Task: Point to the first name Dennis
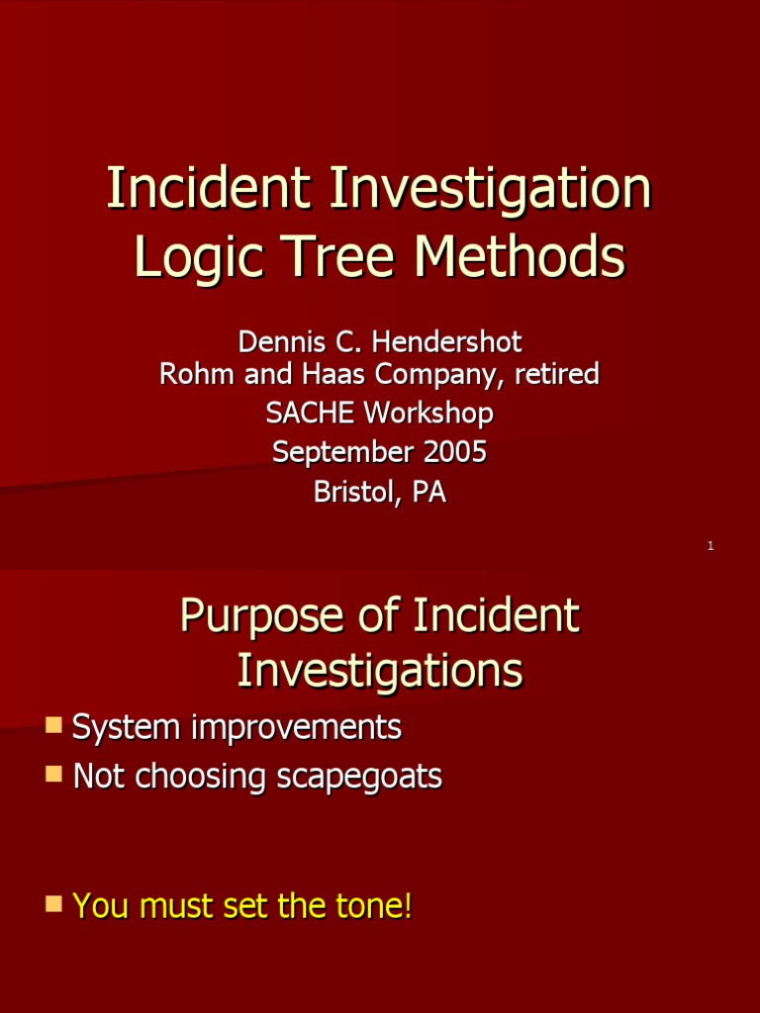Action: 280,342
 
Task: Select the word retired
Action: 557,374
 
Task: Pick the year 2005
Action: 455,452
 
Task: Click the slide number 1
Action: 711,546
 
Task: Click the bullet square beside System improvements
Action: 53,726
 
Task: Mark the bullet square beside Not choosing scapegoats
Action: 53,775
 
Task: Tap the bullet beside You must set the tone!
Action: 53,903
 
